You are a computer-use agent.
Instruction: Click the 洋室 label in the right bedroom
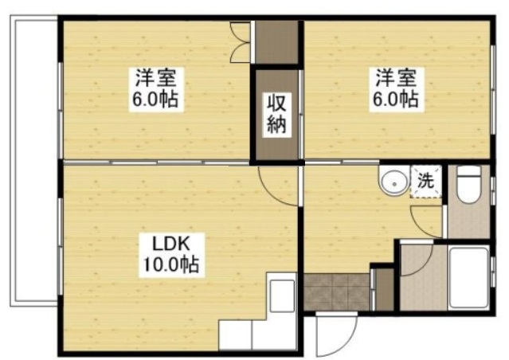(x=396, y=79)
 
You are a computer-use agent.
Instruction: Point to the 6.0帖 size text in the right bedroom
(x=396, y=100)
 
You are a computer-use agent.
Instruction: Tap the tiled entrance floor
(x=336, y=292)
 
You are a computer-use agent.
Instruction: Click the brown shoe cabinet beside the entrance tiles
(x=383, y=288)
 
